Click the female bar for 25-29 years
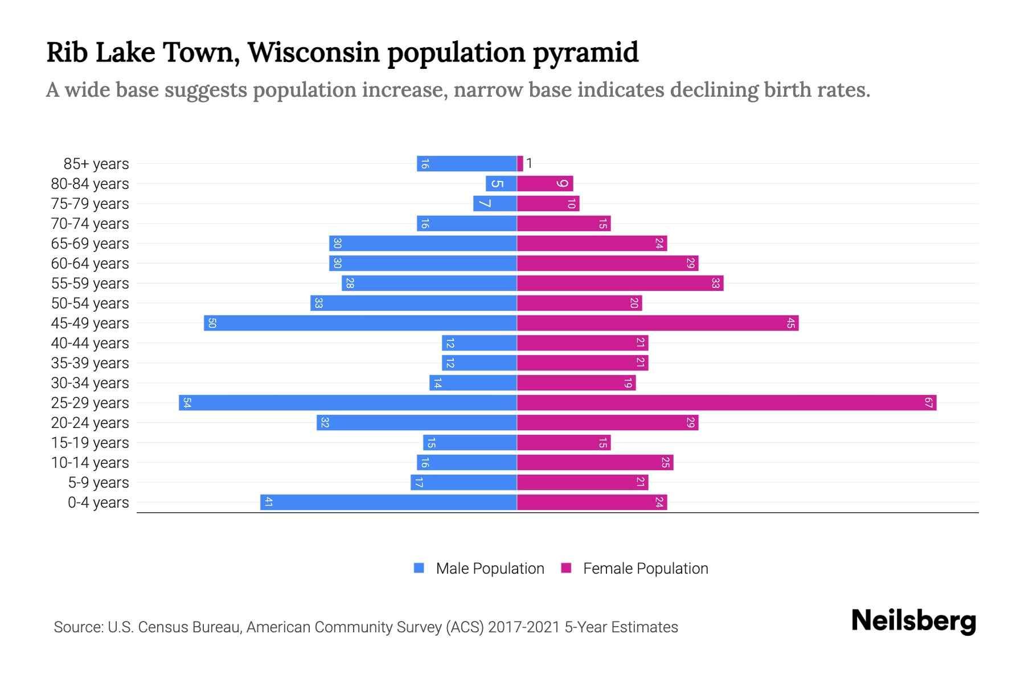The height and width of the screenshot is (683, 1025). pyautogui.click(x=726, y=403)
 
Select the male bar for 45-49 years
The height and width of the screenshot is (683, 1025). pyautogui.click(x=360, y=323)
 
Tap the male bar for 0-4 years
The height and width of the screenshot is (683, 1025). pyautogui.click(x=388, y=503)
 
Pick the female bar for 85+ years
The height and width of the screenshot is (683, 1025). pyautogui.click(x=520, y=164)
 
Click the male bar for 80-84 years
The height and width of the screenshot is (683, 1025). pyautogui.click(x=501, y=184)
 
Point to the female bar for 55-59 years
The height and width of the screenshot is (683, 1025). pyautogui.click(x=620, y=283)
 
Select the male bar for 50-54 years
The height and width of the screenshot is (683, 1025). pyautogui.click(x=413, y=303)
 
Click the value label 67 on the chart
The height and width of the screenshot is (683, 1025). pyautogui.click(x=928, y=403)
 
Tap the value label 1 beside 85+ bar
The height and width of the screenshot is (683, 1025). pyautogui.click(x=529, y=164)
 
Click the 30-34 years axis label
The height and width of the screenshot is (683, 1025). pyautogui.click(x=90, y=383)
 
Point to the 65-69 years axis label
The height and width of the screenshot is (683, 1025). pyautogui.click(x=90, y=244)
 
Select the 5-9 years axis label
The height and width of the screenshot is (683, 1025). pyautogui.click(x=99, y=483)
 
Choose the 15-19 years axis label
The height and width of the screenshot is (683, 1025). pyautogui.click(x=90, y=443)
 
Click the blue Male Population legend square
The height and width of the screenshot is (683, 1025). pyautogui.click(x=419, y=568)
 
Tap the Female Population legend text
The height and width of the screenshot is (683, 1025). pyautogui.click(x=645, y=569)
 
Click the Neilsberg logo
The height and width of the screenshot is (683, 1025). pyautogui.click(x=913, y=621)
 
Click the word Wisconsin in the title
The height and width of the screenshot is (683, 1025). pyautogui.click(x=314, y=52)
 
